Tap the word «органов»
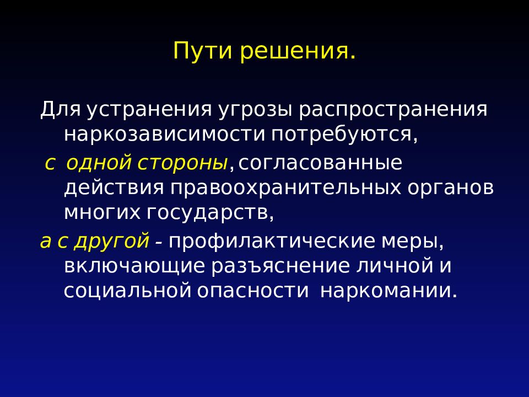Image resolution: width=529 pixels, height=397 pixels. point(451,187)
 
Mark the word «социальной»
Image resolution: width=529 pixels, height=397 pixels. point(127,290)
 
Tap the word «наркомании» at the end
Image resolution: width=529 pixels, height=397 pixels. point(388,290)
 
